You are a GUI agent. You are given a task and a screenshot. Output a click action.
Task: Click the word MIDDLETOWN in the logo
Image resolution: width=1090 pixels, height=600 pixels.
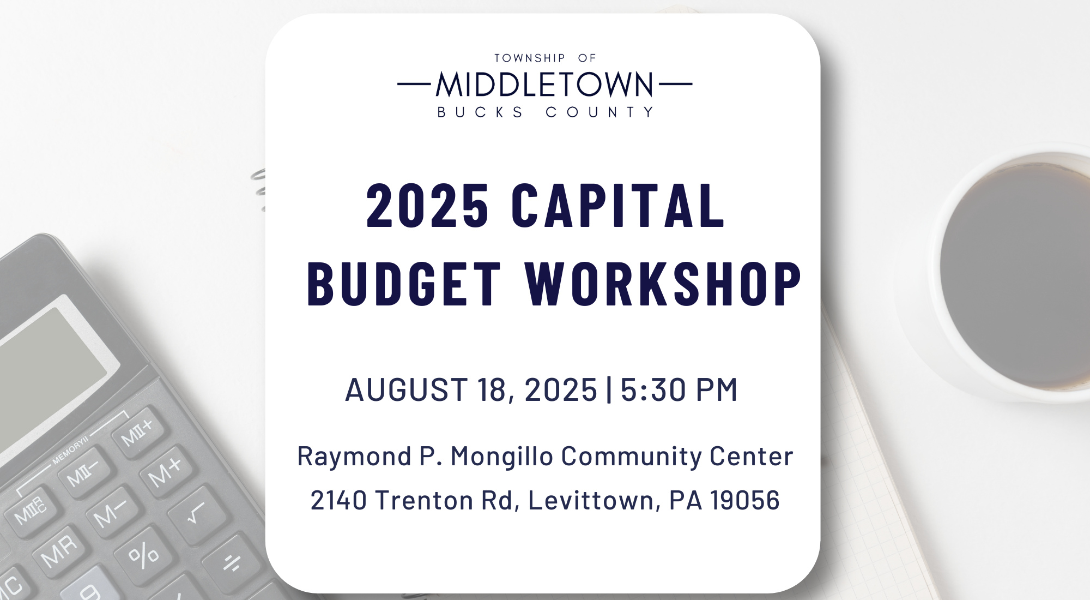544,85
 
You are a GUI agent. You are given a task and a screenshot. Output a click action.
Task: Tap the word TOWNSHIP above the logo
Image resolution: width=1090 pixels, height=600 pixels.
530,58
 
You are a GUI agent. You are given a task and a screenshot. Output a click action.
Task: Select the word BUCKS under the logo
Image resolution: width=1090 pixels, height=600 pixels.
480,112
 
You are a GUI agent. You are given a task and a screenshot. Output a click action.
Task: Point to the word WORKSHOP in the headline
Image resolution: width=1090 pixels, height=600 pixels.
663,284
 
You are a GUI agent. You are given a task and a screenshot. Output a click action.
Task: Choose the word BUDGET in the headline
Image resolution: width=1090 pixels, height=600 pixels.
404,284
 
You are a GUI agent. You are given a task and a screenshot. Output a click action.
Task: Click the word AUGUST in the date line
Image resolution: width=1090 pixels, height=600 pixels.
406,389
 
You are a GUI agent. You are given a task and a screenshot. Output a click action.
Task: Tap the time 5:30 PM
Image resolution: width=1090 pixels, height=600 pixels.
679,389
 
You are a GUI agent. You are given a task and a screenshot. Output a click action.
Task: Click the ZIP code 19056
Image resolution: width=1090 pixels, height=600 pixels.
745,500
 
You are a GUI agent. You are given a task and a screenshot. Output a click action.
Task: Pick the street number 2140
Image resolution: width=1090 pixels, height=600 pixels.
338,500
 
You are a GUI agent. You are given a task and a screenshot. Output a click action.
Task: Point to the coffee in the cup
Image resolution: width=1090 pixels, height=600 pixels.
1016,275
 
